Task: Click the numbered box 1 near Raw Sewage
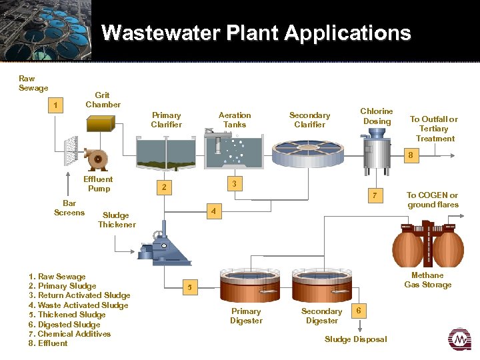[57, 106]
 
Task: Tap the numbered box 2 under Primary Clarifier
[163, 187]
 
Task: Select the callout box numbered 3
[234, 183]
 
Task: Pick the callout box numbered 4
[213, 212]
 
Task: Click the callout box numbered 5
[190, 287]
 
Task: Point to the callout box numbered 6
[359, 311]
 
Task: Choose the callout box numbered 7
[375, 195]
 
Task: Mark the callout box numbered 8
[411, 155]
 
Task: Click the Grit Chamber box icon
[102, 124]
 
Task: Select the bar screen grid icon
[69, 152]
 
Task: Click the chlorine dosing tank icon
[376, 150]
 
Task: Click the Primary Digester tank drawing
[245, 287]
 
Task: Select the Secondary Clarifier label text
[309, 120]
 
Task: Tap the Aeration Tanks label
[235, 120]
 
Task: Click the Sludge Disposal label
[355, 339]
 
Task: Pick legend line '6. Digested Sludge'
[65, 324]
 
